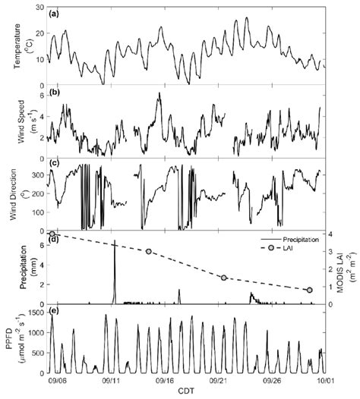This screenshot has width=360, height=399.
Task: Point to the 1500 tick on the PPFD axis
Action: [35, 312]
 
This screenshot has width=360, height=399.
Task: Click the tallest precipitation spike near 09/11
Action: [115, 242]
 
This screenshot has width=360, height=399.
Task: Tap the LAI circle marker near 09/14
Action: [149, 251]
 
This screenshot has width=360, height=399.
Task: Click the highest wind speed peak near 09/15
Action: [159, 93]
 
